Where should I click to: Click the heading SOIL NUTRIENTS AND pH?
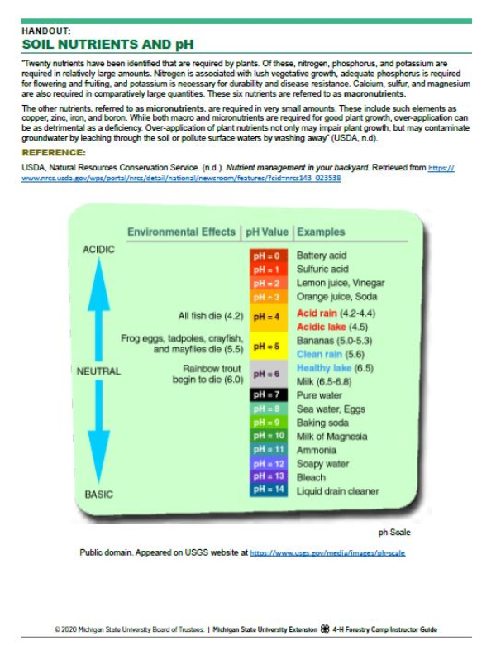pos(108,44)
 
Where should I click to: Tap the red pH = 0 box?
pos(268,256)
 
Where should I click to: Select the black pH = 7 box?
pos(268,395)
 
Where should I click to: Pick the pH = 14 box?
pos(268,490)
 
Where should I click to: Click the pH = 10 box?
pos(268,436)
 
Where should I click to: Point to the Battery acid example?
pos(322,256)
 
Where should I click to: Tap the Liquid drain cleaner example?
pos(337,491)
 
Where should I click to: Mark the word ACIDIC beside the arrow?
pos(98,250)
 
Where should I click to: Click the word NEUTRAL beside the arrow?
pos(98,371)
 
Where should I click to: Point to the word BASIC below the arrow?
pos(98,495)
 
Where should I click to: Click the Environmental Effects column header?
pos(181,232)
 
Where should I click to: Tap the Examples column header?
pos(321,232)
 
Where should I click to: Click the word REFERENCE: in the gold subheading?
pos(54,153)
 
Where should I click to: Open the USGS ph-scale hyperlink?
pos(327,552)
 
